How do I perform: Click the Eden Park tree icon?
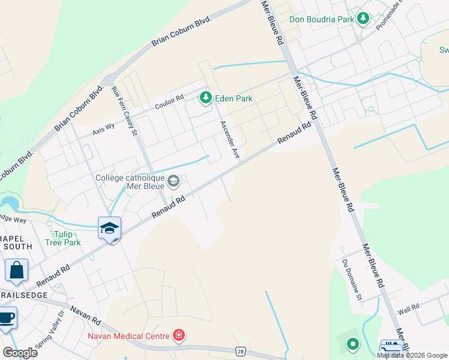click(x=206, y=97)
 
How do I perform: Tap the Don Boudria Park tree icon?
click(x=363, y=19)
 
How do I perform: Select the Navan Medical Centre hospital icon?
click(x=178, y=335)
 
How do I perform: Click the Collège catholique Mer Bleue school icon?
click(x=173, y=181)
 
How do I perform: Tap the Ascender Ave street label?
click(x=230, y=140)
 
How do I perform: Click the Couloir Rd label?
click(x=169, y=103)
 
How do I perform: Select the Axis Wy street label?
click(x=103, y=130)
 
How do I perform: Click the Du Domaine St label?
click(x=352, y=280)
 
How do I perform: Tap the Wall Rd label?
click(x=408, y=310)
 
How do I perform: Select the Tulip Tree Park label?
click(x=62, y=238)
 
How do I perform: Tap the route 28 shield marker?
click(x=241, y=350)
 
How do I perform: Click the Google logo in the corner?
click(x=20, y=353)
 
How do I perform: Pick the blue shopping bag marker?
click(x=16, y=271)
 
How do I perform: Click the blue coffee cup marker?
click(x=7, y=318)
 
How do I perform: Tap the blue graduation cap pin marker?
click(x=110, y=229)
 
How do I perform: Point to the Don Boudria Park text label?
click(x=322, y=19)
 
